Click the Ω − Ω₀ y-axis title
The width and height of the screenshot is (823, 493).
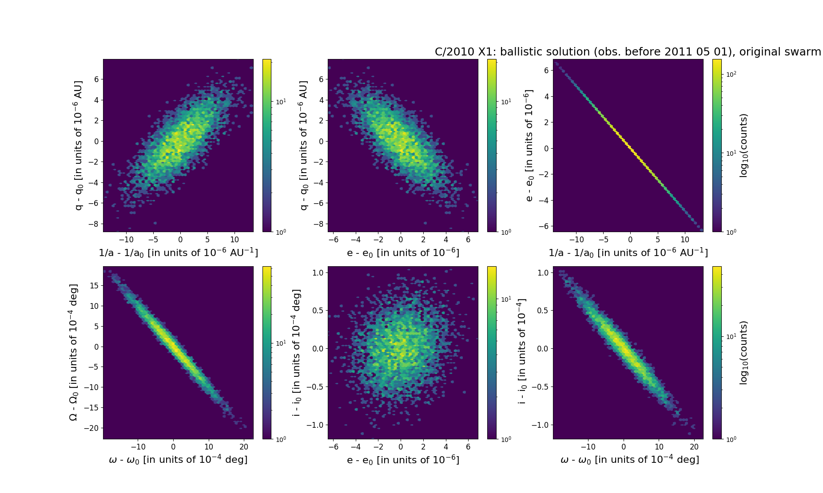point(74,352)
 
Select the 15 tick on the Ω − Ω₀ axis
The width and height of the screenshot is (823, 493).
point(94,286)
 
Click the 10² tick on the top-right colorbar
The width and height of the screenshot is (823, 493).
point(731,74)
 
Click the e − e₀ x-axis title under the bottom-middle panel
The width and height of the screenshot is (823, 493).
point(403,460)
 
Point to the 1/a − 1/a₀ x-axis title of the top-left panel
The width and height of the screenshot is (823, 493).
point(178,253)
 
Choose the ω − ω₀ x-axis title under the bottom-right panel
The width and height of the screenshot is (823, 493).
point(630,460)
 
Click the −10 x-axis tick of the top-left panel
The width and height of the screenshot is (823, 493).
point(126,240)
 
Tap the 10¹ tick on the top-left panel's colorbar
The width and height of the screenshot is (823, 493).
point(281,102)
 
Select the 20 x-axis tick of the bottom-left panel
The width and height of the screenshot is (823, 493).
point(244,447)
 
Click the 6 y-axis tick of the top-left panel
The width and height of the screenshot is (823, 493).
point(96,79)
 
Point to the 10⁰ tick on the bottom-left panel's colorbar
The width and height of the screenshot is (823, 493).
point(281,439)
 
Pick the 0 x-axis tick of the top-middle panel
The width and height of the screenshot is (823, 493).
point(401,240)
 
